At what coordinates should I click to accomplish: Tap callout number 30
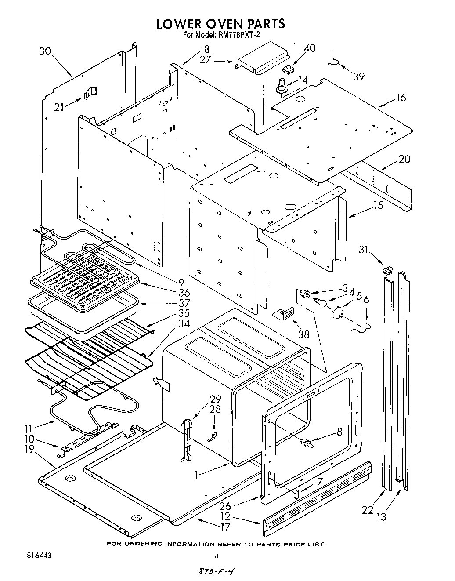[x=45, y=51]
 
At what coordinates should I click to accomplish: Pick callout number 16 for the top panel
[x=401, y=98]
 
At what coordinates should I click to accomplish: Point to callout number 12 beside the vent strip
[x=238, y=517]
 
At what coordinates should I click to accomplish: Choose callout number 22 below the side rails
[x=367, y=510]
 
